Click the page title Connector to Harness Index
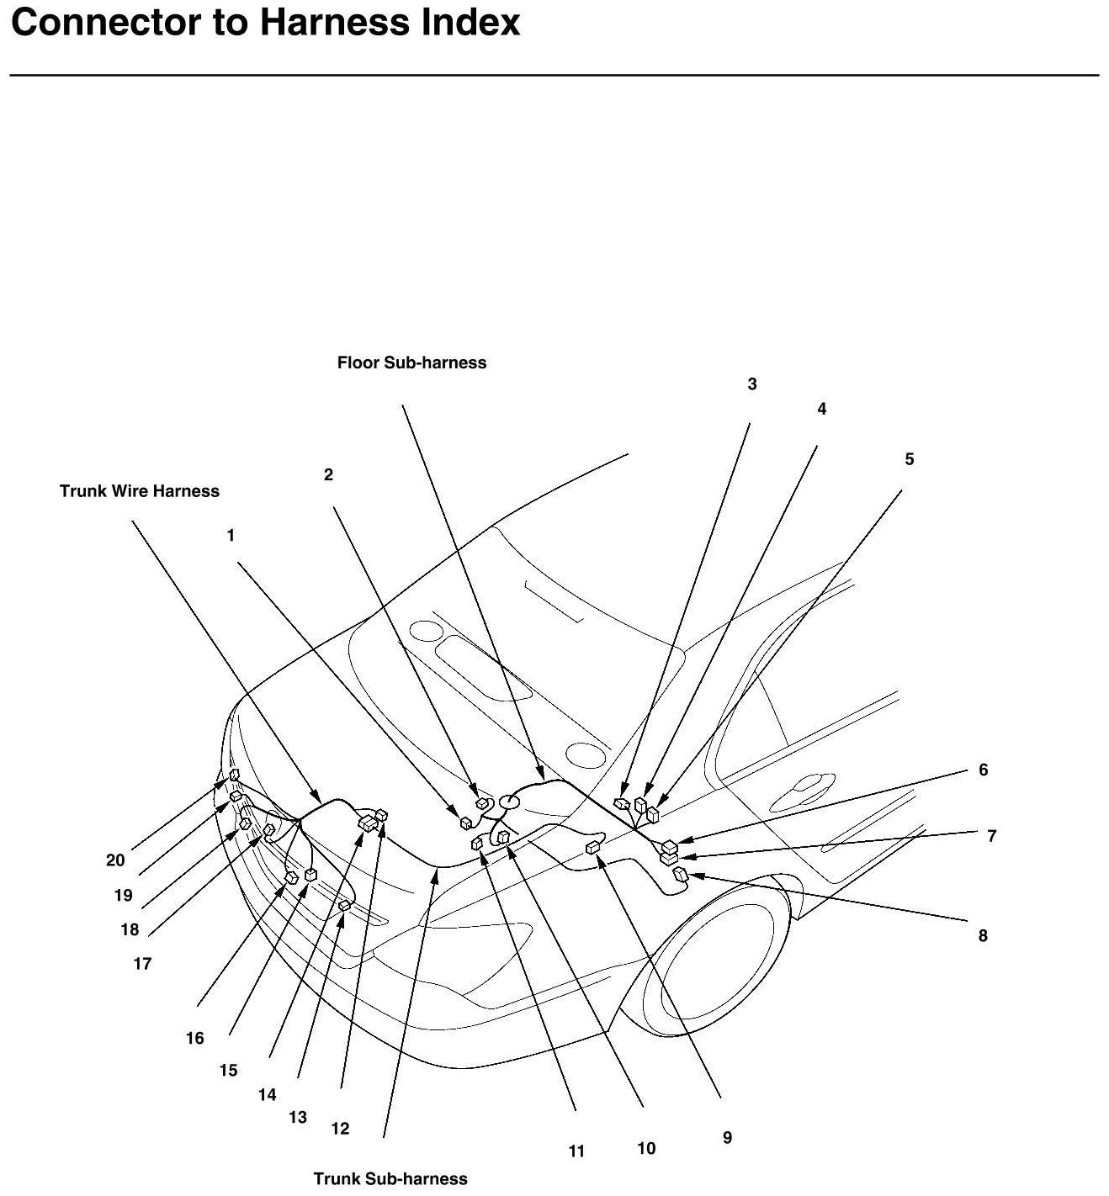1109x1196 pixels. [265, 23]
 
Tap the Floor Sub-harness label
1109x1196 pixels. [411, 363]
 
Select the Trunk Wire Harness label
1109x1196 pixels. [139, 491]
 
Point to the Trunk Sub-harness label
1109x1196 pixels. [390, 1178]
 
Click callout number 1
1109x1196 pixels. [231, 535]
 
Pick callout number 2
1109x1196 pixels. [328, 474]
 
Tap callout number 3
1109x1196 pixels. [751, 384]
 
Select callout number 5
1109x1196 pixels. [909, 459]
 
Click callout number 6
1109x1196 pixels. [982, 770]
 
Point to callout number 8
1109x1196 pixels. [982, 935]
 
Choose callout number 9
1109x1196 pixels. [727, 1137]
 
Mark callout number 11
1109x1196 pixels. [576, 1151]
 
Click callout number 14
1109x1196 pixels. [267, 1094]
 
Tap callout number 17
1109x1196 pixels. [142, 963]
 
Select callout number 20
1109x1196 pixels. [115, 860]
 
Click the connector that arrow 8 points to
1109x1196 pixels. [680, 877]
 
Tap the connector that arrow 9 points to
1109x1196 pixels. [592, 848]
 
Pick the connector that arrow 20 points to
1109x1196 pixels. [234, 775]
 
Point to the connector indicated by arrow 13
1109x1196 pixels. [344, 906]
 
